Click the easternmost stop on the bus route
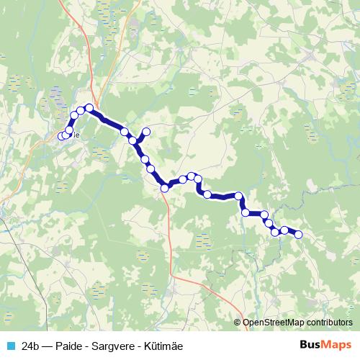click(x=298, y=235)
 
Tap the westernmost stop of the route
click(x=62, y=135)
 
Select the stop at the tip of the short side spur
click(x=146, y=131)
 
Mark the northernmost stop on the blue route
click(x=89, y=108)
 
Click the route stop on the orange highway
click(x=165, y=188)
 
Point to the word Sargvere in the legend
click(x=115, y=346)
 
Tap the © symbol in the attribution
click(x=238, y=323)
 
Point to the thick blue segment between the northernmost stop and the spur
click(x=108, y=120)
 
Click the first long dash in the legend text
click(x=49, y=346)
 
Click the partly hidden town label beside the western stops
click(x=74, y=134)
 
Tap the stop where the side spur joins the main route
click(x=133, y=140)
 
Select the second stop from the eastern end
click(x=284, y=230)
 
